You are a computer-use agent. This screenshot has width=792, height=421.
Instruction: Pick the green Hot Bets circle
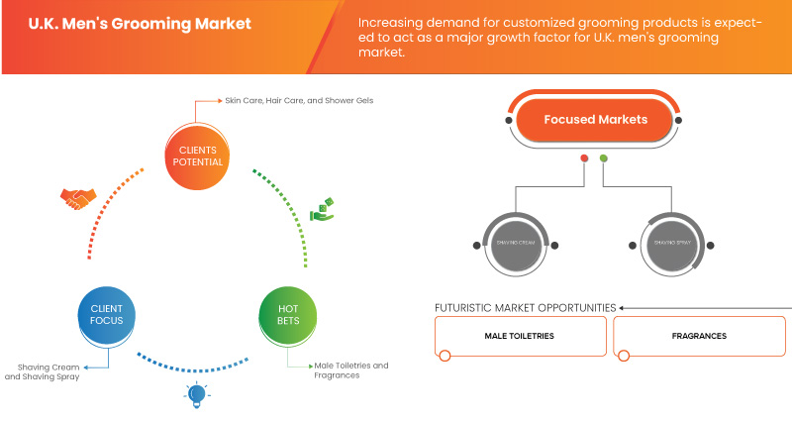coord(287,316)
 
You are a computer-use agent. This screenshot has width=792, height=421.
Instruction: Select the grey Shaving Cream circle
coord(513,244)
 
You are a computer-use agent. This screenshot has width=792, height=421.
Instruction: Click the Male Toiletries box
coord(520,336)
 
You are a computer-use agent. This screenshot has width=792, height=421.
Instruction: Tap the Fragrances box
coord(699,336)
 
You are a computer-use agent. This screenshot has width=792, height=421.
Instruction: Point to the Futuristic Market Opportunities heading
coord(525,307)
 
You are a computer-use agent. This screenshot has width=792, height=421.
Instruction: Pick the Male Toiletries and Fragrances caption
coord(350,370)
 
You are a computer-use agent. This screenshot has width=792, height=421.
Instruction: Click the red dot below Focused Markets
coord(584,158)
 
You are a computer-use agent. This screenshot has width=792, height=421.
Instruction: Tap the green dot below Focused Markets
coord(604,158)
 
